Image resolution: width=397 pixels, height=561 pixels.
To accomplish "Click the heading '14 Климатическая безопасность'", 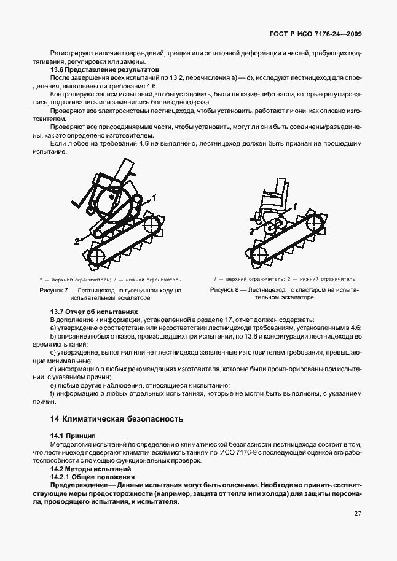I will [117, 420].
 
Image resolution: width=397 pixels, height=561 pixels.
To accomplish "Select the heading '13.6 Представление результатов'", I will [104, 71].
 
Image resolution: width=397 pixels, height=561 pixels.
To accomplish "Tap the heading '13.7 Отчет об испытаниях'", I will [93, 312].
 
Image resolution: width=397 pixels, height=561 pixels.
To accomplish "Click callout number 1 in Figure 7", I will [155, 197].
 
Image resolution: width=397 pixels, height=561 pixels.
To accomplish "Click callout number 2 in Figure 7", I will [77, 241].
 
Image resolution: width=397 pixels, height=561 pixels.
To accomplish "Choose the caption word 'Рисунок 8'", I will [227, 289].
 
